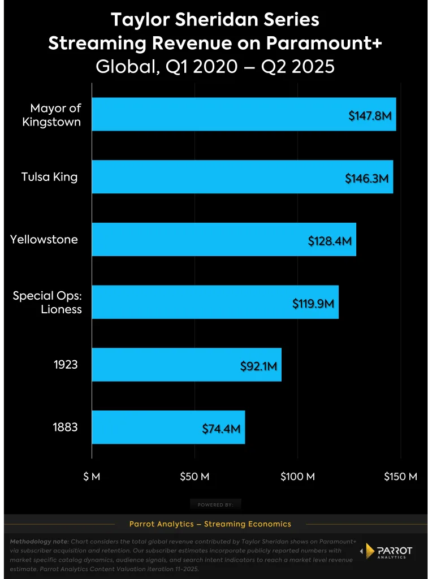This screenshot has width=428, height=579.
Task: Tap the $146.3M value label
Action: [367, 179]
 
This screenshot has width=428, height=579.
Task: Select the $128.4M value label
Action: [330, 241]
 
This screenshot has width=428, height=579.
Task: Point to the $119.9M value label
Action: [314, 304]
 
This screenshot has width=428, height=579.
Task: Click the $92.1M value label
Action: [258, 366]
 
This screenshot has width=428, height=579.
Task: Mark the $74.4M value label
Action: [222, 429]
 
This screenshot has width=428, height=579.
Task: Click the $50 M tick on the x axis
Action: [194, 477]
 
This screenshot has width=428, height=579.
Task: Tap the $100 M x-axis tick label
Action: [297, 477]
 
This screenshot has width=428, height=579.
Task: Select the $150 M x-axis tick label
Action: [400, 477]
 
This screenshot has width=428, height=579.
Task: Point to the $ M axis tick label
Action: [92, 477]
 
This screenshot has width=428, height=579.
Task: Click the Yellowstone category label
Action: [44, 239]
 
